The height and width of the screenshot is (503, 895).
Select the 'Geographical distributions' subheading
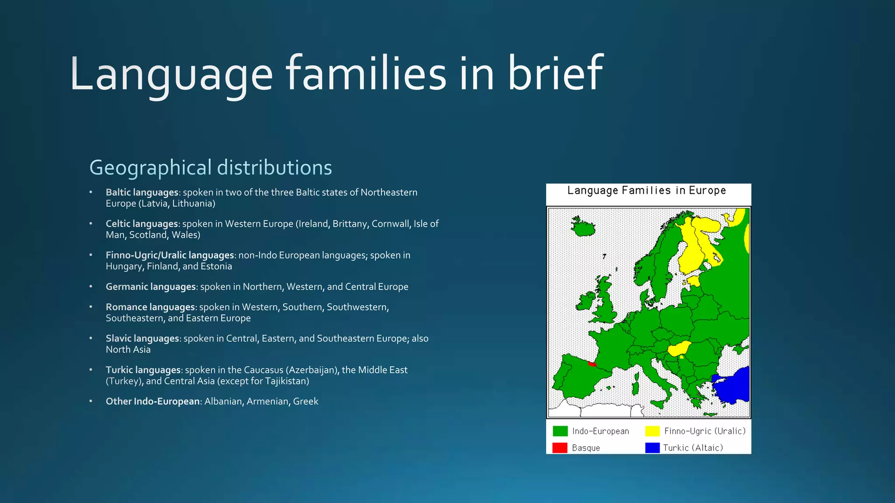tap(211, 168)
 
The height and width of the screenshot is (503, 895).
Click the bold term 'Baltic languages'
tap(142, 193)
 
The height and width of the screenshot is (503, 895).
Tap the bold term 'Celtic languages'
tap(142, 224)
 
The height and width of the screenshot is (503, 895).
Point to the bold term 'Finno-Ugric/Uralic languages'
tap(170, 255)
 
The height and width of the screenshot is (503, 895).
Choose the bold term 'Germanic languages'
tap(151, 287)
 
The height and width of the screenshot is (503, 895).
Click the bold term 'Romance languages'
tap(150, 307)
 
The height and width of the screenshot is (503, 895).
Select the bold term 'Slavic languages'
tap(142, 339)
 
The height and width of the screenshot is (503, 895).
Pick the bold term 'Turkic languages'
tap(143, 370)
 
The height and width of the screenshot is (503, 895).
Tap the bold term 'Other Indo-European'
tap(153, 402)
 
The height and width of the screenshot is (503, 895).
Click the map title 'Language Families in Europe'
tap(646, 191)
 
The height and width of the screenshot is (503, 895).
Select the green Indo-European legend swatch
tap(560, 431)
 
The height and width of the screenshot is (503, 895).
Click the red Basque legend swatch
tap(560, 448)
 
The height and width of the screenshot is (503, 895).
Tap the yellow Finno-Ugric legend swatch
tap(652, 431)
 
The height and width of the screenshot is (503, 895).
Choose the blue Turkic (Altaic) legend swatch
tap(652, 448)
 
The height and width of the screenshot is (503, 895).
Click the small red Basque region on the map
tap(592, 364)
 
